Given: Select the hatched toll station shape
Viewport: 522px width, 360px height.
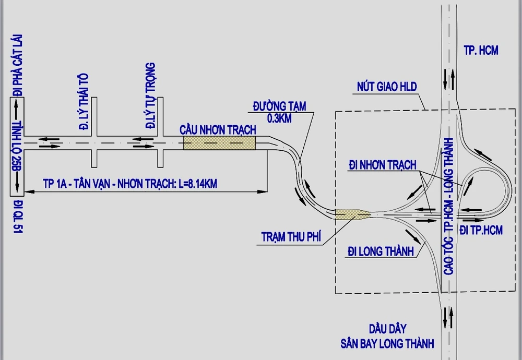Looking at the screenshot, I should click(x=352, y=214).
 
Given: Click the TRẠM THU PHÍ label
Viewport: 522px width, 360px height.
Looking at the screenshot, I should click(x=291, y=237).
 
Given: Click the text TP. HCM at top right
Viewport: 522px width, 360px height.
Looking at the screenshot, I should click(x=481, y=51).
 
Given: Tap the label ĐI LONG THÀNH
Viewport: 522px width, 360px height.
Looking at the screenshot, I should click(x=381, y=251).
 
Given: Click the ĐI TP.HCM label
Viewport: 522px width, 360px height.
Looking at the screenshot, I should click(x=481, y=230).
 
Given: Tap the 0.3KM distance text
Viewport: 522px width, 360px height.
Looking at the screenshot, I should click(x=279, y=118).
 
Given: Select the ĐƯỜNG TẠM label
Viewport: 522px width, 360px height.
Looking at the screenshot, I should click(x=279, y=107).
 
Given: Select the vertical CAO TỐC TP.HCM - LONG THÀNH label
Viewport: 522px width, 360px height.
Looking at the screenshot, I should click(x=447, y=206).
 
